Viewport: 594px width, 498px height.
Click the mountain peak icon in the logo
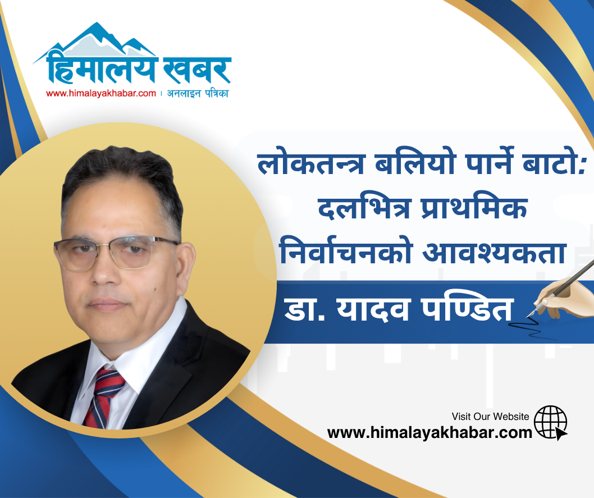coord(95,41)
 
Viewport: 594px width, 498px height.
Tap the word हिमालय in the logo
coord(101,67)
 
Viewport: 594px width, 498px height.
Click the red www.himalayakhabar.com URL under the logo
coord(100,93)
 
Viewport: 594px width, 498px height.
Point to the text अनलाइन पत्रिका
coord(198,93)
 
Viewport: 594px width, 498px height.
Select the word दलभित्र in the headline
coord(364,208)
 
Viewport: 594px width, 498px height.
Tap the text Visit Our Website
coord(490,417)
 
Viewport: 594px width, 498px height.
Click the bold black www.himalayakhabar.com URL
coord(429,432)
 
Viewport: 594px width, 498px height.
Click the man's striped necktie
coord(104,397)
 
